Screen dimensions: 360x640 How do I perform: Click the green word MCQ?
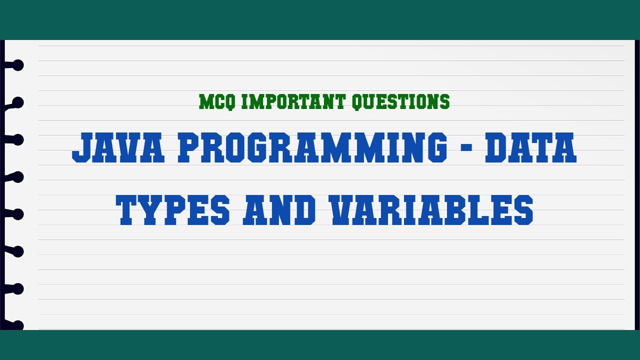pyautogui.click(x=218, y=102)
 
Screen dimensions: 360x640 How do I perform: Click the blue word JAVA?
pyautogui.click(x=118, y=147)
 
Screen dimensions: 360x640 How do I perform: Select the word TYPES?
pyautogui.click(x=173, y=209)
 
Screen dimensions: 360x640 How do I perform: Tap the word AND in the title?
pyautogui.click(x=279, y=209)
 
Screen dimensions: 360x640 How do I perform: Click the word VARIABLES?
pyautogui.click(x=430, y=209)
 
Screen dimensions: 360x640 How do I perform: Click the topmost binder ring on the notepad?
pyautogui.click(x=16, y=65)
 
